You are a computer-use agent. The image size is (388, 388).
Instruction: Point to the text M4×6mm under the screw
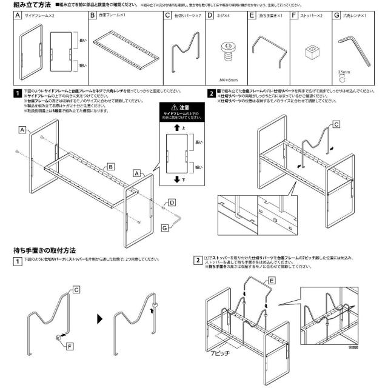pos(227,79)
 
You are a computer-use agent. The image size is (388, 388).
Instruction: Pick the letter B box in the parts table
pos(92,15)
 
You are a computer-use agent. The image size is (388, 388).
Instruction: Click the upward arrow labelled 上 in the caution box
pos(175,128)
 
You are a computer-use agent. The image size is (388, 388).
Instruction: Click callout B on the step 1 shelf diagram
pos(111,166)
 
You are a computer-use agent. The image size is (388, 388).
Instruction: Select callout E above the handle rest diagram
pos(272,281)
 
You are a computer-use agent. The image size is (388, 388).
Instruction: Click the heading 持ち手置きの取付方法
pos(44,249)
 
